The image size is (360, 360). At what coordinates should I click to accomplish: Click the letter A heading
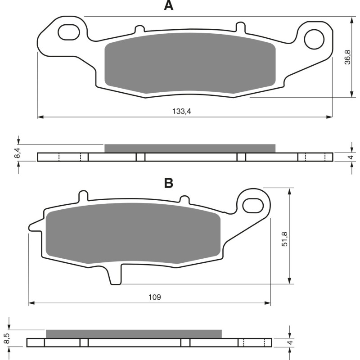pyautogui.click(x=168, y=6)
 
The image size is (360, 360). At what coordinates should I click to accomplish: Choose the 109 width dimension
pyautogui.click(x=154, y=297)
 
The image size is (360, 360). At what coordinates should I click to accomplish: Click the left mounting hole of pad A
pyautogui.click(x=68, y=32)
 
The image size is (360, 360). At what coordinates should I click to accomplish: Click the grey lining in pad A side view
pyautogui.click(x=189, y=148)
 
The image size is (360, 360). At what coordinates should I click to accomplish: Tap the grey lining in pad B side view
pyautogui.click(x=134, y=333)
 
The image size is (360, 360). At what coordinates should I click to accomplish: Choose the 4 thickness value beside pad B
pyautogui.click(x=291, y=342)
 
